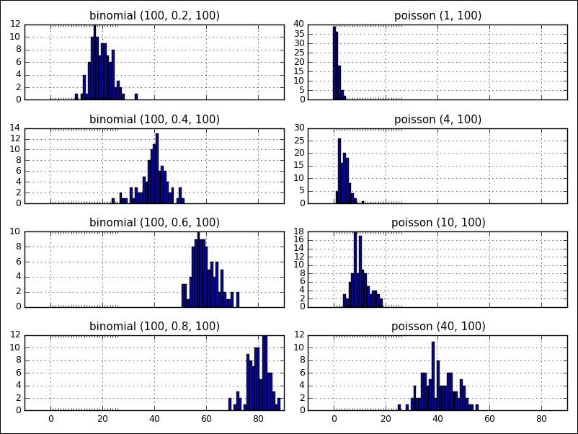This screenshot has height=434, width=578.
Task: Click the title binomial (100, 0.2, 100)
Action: (154, 15)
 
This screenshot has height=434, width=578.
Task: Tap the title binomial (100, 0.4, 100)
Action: (154, 119)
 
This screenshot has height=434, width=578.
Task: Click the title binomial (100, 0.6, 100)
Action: (154, 222)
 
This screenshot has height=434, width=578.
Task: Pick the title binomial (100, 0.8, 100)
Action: (154, 326)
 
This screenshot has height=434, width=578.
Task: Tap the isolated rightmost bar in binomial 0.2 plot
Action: (136, 97)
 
